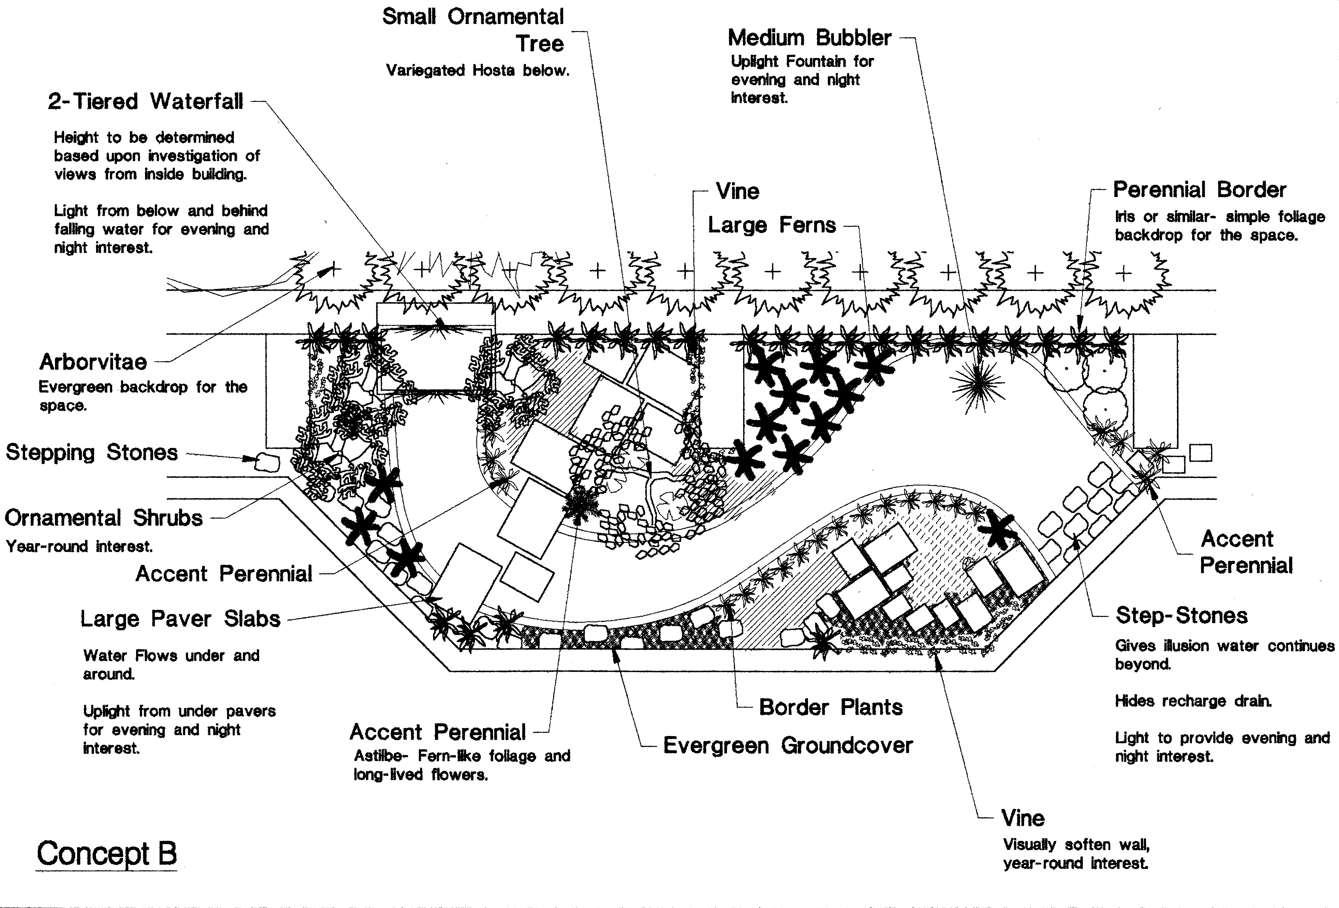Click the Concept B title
(x=107, y=854)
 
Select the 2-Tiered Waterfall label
(x=145, y=101)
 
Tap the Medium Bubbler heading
(x=809, y=38)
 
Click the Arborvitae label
(x=93, y=362)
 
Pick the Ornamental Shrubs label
(x=104, y=518)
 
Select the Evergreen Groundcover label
(x=788, y=745)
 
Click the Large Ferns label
(x=771, y=225)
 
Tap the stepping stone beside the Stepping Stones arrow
(x=267, y=462)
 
